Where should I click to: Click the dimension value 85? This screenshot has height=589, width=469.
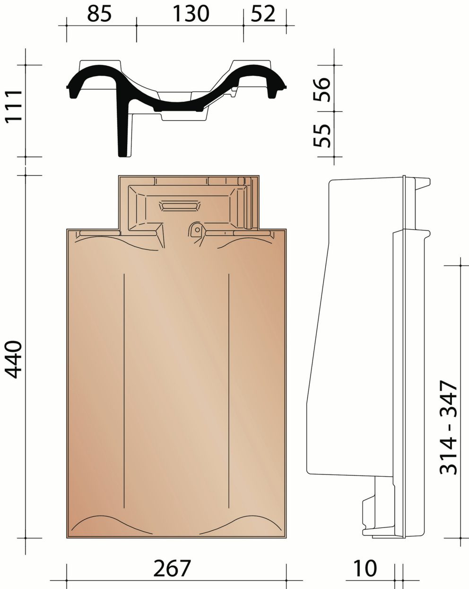[x=99, y=14]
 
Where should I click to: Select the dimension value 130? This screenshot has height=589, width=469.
[x=191, y=14]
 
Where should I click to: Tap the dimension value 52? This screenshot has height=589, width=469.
[x=263, y=14]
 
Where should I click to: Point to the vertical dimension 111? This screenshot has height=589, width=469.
[x=14, y=106]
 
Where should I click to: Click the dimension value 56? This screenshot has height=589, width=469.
[x=322, y=90]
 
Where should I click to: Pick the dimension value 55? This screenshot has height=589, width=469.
[x=322, y=136]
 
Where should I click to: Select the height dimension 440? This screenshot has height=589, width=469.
[x=14, y=360]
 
